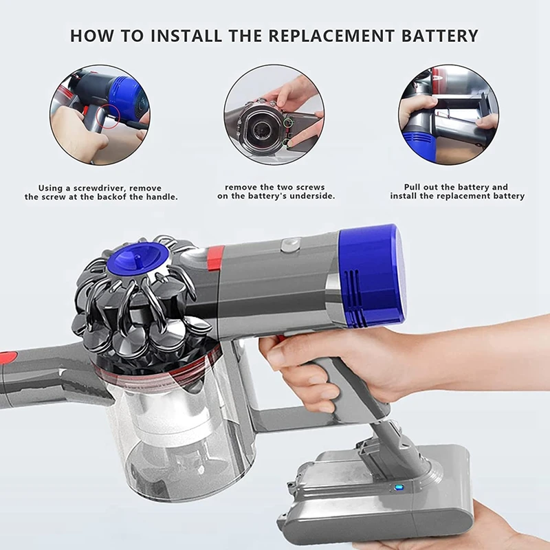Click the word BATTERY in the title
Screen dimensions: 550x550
tap(439, 36)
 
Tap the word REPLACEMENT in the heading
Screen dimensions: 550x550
tap(329, 36)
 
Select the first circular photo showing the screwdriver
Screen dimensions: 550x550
tap(100, 115)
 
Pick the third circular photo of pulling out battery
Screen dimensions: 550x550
tap(448, 115)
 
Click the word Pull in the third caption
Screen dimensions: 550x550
tap(415, 187)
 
